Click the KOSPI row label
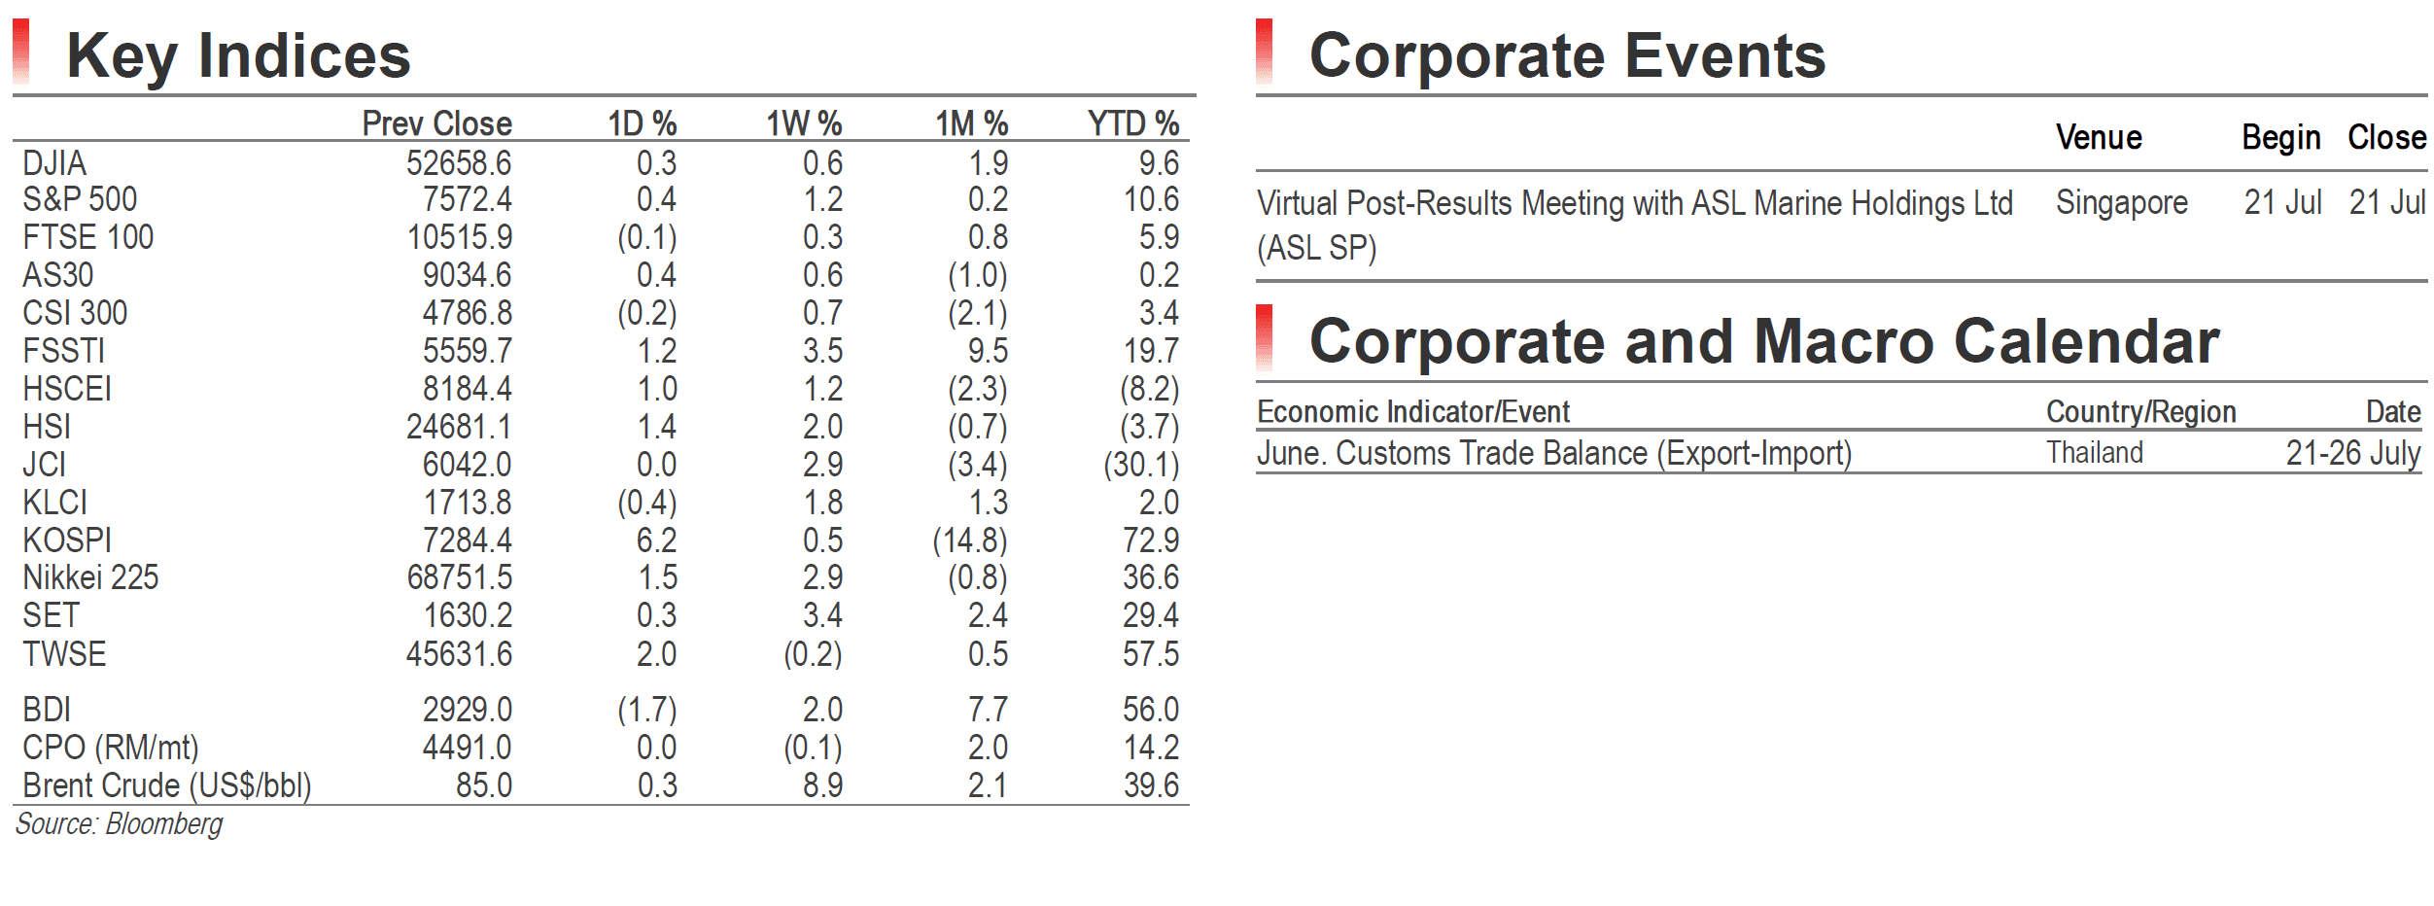click(x=67, y=540)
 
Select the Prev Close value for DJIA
click(x=459, y=163)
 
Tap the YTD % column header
click(x=1133, y=123)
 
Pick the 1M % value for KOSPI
click(x=970, y=540)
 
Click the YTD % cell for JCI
click(x=1141, y=465)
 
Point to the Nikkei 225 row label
click(x=90, y=577)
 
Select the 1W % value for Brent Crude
click(x=822, y=785)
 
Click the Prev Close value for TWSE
click(x=459, y=654)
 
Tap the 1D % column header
click(x=643, y=123)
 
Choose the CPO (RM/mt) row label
click(x=111, y=748)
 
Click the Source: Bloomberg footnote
click(x=119, y=824)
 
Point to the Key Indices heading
click(x=239, y=55)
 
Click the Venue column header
click(x=2099, y=137)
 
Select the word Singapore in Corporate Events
click(x=2122, y=202)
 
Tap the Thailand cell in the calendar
click(x=2095, y=453)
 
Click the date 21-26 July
click(x=2353, y=453)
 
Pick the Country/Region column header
click(x=2141, y=412)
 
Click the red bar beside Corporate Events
click(x=1264, y=52)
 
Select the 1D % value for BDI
click(x=647, y=710)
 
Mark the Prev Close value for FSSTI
click(x=467, y=351)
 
